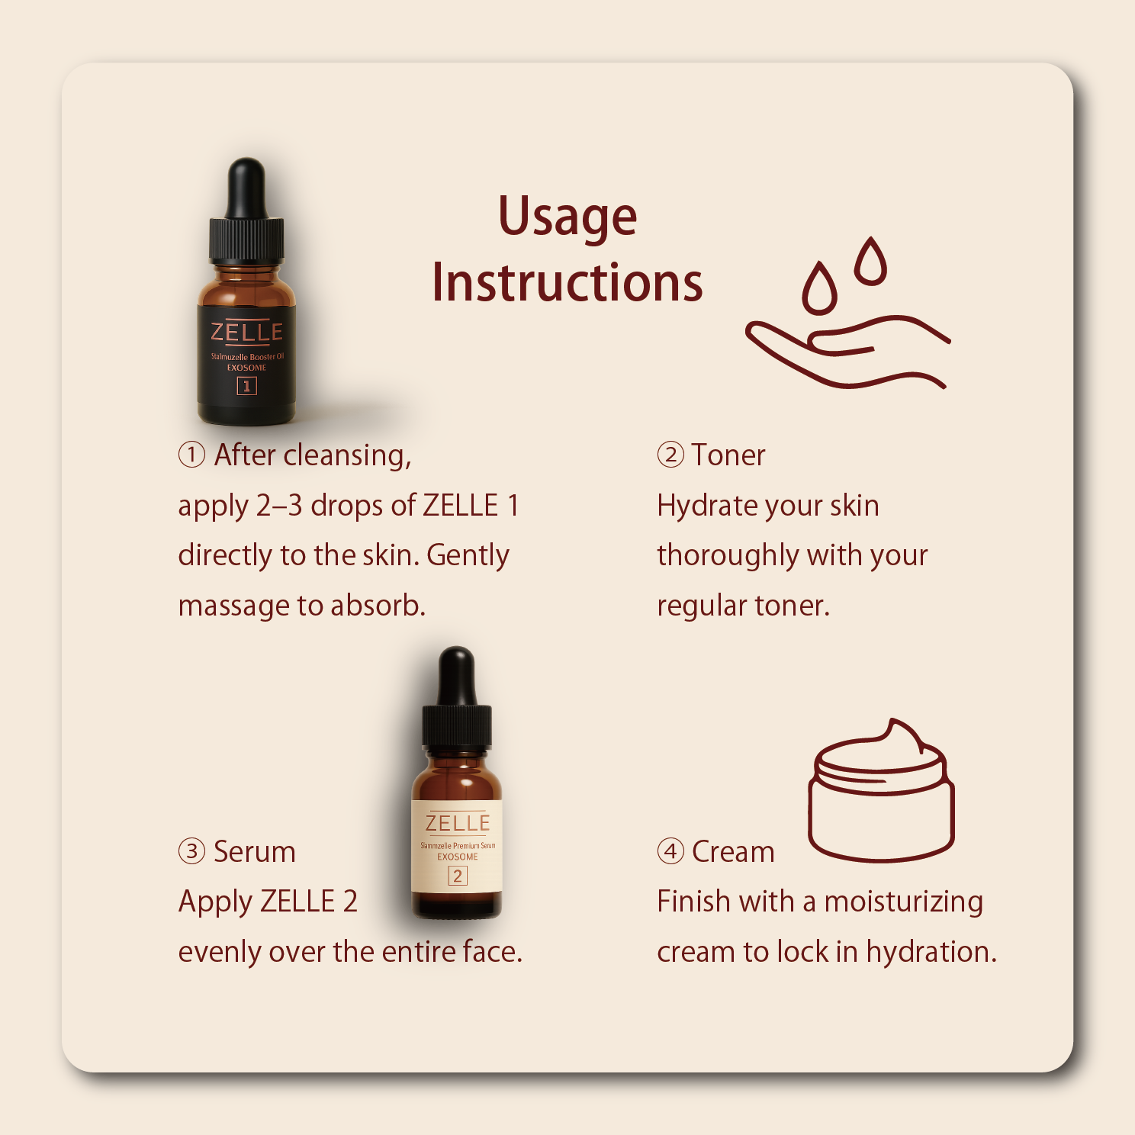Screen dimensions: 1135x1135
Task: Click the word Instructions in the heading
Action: click(567, 283)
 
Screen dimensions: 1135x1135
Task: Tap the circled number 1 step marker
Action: click(191, 455)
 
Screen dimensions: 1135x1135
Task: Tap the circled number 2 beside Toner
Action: click(670, 455)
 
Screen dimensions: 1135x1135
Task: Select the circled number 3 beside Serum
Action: click(191, 851)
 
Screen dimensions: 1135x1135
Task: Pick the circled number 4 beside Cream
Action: click(670, 851)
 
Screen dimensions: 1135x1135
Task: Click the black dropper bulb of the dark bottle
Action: click(246, 187)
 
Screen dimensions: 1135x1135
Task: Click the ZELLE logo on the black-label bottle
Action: click(246, 332)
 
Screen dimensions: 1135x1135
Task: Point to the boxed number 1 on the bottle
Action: click(246, 386)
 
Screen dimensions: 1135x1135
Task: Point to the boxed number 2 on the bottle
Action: click(458, 876)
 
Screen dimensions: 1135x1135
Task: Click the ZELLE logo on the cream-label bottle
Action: click(458, 823)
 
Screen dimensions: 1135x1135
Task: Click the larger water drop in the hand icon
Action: click(820, 288)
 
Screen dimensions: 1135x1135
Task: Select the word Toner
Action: click(728, 455)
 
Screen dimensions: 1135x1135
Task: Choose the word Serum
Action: click(254, 852)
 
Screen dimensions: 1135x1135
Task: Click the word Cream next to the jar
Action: click(733, 852)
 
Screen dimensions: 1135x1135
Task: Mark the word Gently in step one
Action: click(468, 556)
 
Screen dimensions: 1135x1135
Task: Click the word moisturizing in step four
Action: click(904, 902)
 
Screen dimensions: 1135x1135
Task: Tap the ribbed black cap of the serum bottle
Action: click(457, 726)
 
